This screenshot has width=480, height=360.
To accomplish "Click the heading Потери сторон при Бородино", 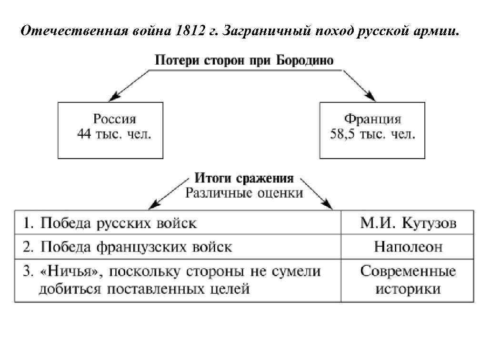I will (x=244, y=60).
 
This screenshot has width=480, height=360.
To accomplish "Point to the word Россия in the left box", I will (x=114, y=119).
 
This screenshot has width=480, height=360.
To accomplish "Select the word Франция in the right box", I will (x=372, y=119).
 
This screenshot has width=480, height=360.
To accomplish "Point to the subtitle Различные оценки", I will (x=244, y=193).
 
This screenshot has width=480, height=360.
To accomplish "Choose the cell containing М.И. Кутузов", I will (x=408, y=223).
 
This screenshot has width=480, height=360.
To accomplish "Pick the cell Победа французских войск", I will (x=136, y=247).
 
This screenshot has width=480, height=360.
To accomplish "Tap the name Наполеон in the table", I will (x=408, y=247).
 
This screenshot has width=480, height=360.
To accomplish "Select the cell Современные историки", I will (x=408, y=280).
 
